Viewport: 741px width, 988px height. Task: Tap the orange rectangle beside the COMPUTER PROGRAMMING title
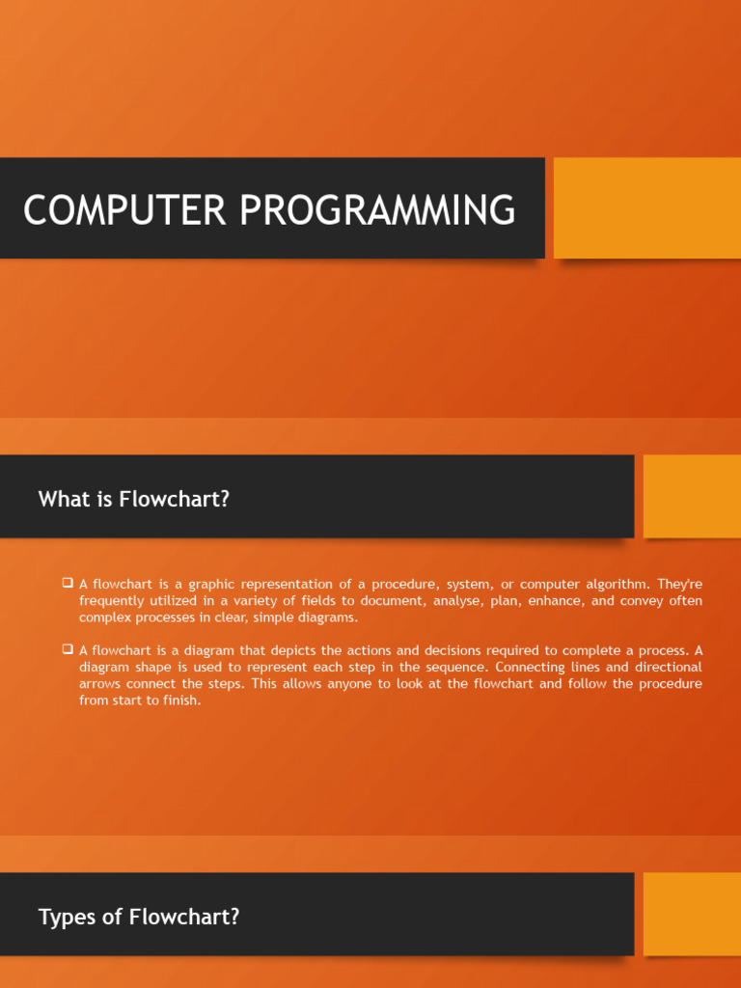pyautogui.click(x=646, y=207)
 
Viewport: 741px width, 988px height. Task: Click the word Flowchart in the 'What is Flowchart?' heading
pyautogui.click(x=175, y=499)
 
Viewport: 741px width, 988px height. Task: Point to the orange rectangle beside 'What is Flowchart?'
pyautogui.click(x=692, y=496)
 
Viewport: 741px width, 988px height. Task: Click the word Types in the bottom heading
pyautogui.click(x=65, y=917)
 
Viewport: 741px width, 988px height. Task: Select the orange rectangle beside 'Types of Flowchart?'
pyautogui.click(x=692, y=914)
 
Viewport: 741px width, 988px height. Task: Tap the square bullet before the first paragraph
pyautogui.click(x=68, y=583)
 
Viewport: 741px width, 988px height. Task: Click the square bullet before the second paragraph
pyautogui.click(x=68, y=648)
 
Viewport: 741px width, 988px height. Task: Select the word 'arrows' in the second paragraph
pyautogui.click(x=100, y=684)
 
